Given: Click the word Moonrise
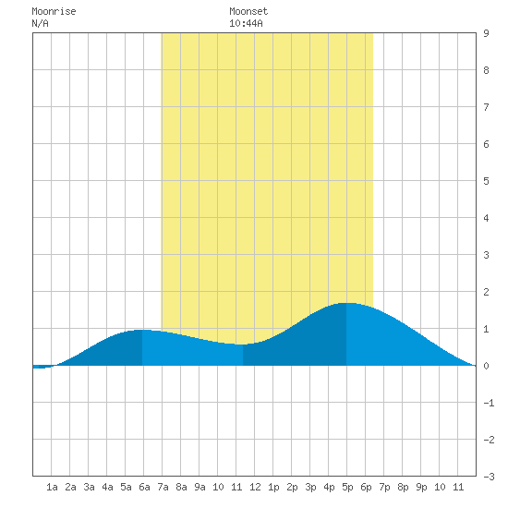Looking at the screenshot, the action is click(54, 11).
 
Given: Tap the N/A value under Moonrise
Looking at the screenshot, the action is click(40, 23).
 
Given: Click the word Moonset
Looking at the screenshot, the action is click(248, 11).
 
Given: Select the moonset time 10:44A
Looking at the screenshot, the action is click(246, 23).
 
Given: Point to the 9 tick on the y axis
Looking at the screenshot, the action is click(486, 33).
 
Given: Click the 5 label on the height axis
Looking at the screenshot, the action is click(486, 181).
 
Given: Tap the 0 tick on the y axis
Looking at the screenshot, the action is click(486, 366).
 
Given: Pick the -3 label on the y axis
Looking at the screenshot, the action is click(489, 477).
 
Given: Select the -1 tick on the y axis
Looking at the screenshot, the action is click(489, 403).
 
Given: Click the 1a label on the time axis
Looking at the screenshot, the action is click(52, 487).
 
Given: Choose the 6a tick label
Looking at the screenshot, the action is click(144, 487).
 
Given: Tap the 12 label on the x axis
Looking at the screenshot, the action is click(255, 487).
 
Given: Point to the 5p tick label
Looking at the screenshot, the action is click(347, 487).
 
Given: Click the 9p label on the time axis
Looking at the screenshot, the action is click(421, 487).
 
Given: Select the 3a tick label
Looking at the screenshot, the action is click(89, 487).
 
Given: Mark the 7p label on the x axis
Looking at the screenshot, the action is click(384, 487).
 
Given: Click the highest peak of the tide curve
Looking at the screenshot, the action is click(346, 303).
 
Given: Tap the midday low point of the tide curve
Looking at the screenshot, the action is click(242, 345).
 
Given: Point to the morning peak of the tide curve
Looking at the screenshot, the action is click(142, 330).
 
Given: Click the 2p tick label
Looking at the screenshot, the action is click(292, 487).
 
